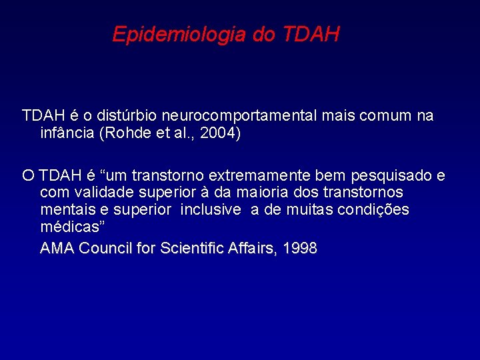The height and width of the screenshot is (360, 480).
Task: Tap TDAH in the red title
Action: [311, 34]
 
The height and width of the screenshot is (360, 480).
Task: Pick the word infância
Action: [67, 133]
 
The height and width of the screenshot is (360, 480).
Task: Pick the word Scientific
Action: [193, 249]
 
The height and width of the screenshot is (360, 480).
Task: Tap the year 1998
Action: [300, 249]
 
